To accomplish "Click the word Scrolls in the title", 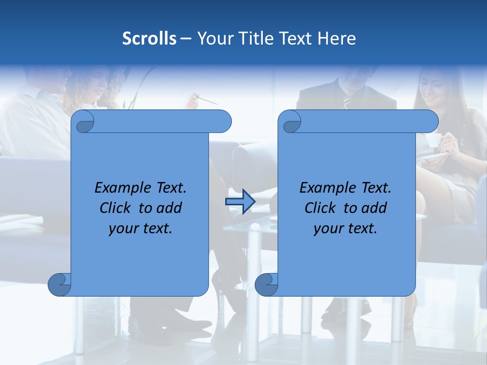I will pos(150,39).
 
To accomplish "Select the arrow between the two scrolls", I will pos(240,202).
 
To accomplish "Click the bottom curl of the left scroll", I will pos(60,284).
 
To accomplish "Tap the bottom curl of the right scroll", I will pos(266,284).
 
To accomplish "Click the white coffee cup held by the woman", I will pos(433,140).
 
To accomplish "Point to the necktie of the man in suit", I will pos(347,101).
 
